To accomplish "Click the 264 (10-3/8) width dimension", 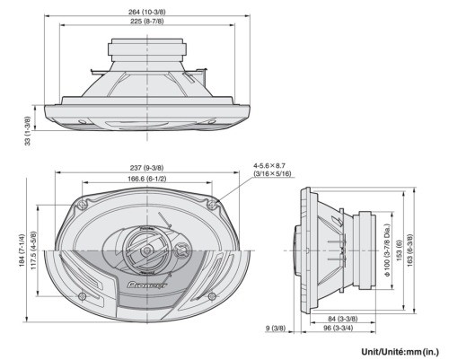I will pyautogui.click(x=145, y=12).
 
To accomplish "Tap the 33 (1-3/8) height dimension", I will pyautogui.click(x=27, y=129).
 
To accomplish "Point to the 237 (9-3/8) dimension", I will pyautogui.click(x=145, y=168).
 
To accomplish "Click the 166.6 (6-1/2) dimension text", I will pyautogui.click(x=145, y=179).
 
